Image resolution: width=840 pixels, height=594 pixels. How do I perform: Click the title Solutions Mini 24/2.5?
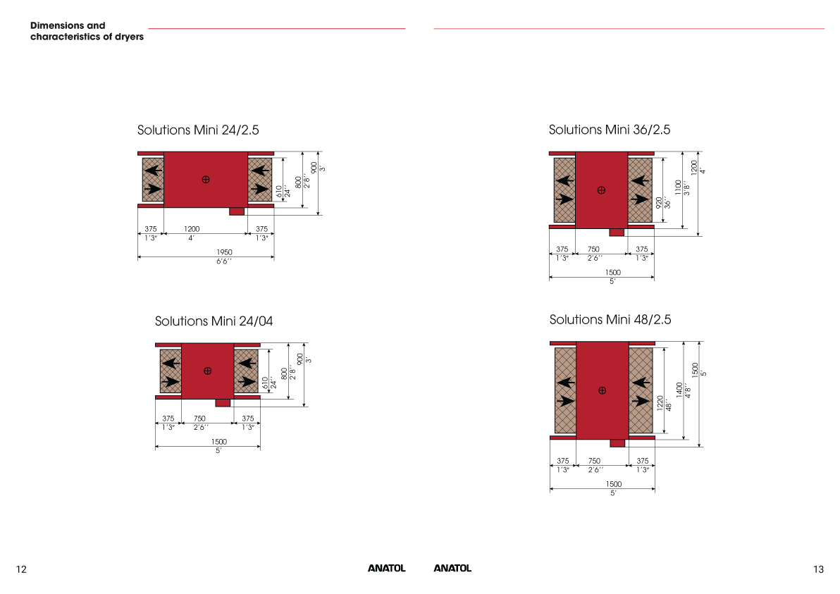[198, 130]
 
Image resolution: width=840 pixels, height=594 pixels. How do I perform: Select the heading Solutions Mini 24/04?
[214, 321]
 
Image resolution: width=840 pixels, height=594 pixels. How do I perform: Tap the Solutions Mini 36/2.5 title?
[609, 130]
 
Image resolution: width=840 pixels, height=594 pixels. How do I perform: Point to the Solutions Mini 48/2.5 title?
[610, 320]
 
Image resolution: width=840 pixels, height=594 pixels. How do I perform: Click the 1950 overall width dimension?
[225, 252]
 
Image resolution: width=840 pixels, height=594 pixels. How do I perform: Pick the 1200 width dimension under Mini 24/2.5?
[192, 229]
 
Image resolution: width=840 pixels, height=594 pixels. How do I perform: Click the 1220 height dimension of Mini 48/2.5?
[660, 403]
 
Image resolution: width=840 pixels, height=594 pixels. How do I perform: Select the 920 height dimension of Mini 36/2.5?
[659, 202]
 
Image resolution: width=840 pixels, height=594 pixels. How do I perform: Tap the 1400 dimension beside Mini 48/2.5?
[679, 390]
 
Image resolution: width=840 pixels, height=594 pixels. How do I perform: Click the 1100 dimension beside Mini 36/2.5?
[678, 187]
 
